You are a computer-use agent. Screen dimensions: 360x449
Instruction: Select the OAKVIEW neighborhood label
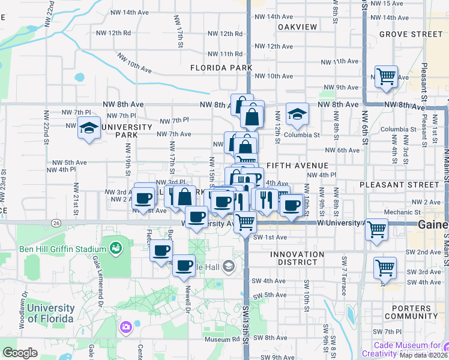298,27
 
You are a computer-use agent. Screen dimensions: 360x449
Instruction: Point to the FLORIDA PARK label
221,68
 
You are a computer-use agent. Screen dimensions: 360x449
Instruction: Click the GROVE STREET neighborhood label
411,34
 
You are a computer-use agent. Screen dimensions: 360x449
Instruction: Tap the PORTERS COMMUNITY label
411,312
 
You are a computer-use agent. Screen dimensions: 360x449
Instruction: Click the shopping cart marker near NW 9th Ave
386,77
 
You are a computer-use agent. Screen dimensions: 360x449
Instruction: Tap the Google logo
20,353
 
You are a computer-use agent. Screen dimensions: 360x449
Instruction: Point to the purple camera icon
125,327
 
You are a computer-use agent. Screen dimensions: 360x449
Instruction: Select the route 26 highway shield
55,223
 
